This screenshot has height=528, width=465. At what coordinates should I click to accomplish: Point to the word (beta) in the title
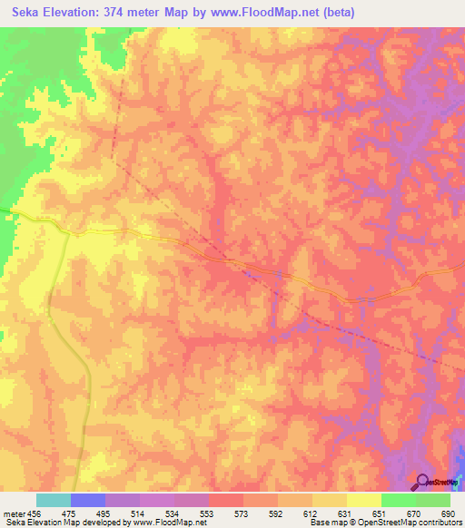(x=337, y=13)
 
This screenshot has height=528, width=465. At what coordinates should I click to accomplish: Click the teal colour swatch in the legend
(x=54, y=500)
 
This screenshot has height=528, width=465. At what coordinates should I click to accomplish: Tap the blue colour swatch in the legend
(x=88, y=500)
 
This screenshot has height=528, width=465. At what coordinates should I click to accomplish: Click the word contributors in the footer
(x=437, y=523)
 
